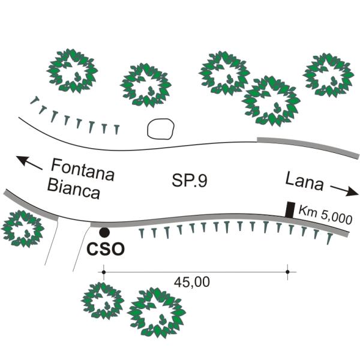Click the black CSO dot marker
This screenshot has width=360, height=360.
[x=104, y=232]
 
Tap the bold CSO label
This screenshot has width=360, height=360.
[x=106, y=249]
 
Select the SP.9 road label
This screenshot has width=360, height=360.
[x=190, y=180]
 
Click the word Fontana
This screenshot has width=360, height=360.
[x=83, y=170]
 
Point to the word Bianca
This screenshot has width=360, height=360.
[x=74, y=189]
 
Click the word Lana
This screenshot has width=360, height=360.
[x=305, y=181]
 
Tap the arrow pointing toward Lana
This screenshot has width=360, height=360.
[x=344, y=190]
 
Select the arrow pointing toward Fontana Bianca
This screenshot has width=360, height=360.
[x=29, y=163]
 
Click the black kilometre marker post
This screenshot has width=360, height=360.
[x=290, y=209]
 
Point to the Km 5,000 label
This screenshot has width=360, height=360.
[x=325, y=215]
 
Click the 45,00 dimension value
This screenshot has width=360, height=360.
[x=192, y=282]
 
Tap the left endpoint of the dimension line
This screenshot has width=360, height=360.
[x=104, y=272]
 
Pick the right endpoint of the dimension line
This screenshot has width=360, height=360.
[x=287, y=272]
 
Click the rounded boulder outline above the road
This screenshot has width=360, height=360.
[x=160, y=129]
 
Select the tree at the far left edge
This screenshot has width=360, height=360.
[x=23, y=229]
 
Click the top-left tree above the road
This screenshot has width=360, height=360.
[x=73, y=71]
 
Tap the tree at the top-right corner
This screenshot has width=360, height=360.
[x=328, y=75]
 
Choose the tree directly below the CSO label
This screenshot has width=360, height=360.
[x=103, y=301]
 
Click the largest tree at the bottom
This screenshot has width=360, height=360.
[x=157, y=313]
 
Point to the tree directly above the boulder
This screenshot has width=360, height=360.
[x=146, y=85]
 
